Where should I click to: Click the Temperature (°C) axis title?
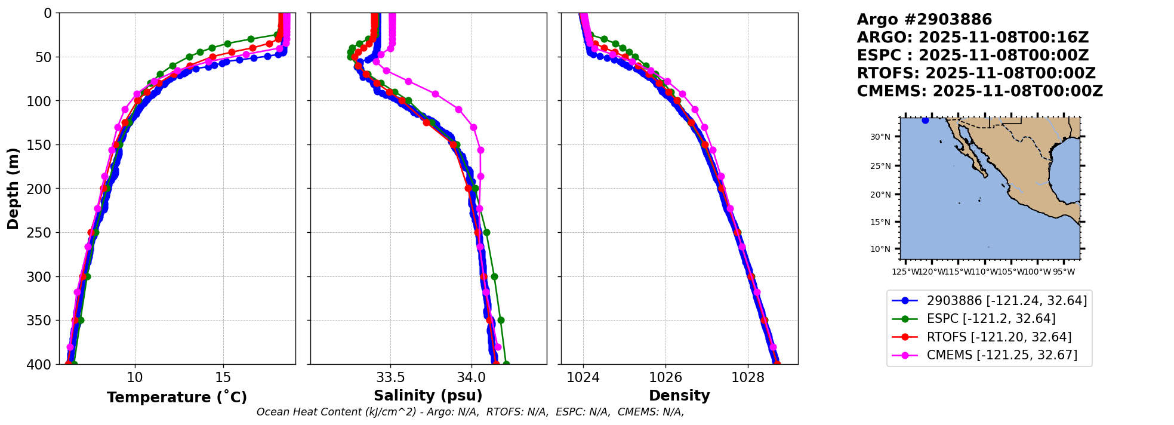point(177,398)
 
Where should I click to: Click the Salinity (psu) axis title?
point(428,396)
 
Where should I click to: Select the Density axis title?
point(679,396)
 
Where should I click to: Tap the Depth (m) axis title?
point(13,189)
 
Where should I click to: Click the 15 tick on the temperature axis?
point(223,378)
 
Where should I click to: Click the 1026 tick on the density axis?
point(665,378)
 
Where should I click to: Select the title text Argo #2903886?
point(924,20)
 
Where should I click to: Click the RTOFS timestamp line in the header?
point(976,73)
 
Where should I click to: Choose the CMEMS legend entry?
point(1002,355)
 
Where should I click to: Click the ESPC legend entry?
point(991,319)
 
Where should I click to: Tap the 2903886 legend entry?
point(1006,301)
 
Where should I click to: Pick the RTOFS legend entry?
point(999,337)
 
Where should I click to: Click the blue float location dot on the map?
point(925,121)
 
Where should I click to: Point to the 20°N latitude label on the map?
point(880,195)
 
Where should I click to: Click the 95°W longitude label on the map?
point(1064,272)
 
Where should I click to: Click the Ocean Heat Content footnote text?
point(470,412)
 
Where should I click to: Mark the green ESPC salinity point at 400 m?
point(506,364)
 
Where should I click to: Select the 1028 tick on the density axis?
point(748,378)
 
